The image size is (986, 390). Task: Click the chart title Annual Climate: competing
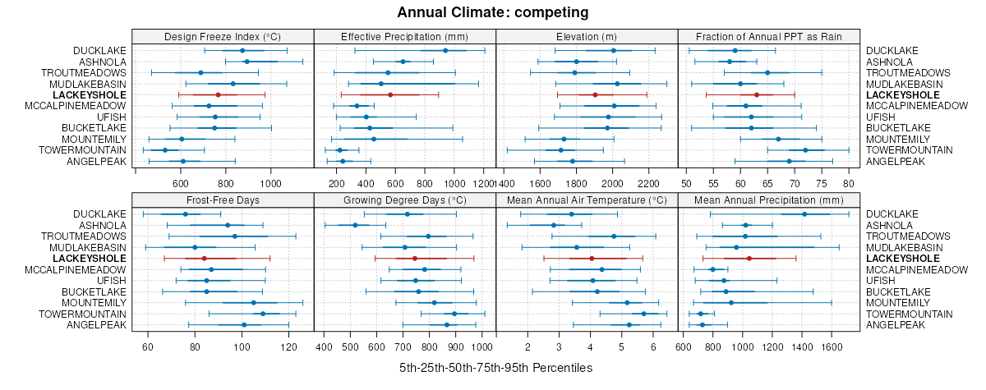coord(493,12)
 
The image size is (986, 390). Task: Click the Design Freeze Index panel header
coord(223,36)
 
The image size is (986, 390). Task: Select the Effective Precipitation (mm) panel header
coord(405,36)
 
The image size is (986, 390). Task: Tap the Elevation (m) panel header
coord(587,36)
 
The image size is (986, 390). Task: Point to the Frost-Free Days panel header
coord(223,200)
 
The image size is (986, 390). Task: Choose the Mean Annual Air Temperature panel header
coord(587,200)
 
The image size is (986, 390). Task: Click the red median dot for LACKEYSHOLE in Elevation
coord(595,95)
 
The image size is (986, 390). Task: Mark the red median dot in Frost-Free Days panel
coord(204,259)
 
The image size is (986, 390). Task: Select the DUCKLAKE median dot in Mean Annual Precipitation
coord(804,214)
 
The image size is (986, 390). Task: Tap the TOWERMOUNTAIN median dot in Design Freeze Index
coord(165,150)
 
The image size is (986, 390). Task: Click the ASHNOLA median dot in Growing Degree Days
coord(355,225)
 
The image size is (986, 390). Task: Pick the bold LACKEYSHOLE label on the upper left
coord(89,95)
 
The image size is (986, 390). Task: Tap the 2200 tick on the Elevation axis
coord(648,182)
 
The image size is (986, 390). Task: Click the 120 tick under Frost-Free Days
coord(289,346)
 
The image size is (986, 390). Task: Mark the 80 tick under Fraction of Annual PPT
coord(849,182)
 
